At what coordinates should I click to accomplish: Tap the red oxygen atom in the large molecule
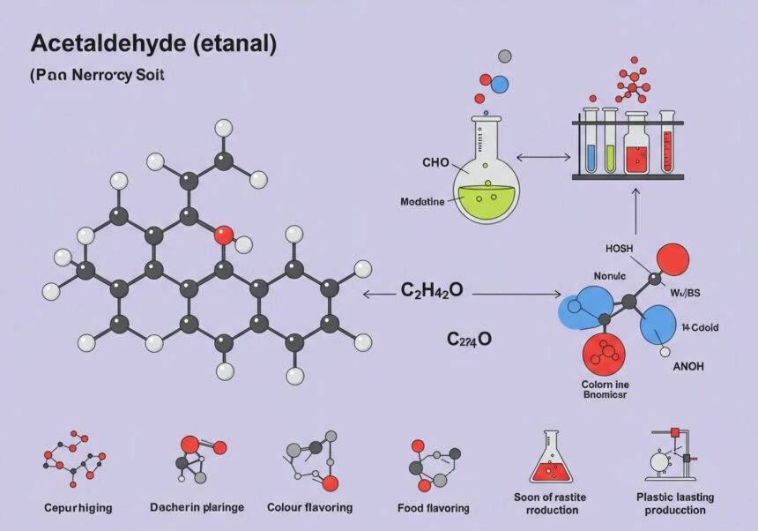(224, 236)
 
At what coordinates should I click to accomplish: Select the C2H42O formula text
(432, 291)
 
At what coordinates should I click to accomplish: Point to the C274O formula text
(471, 339)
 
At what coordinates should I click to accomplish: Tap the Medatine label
(423, 202)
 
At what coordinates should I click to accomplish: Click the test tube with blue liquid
(591, 141)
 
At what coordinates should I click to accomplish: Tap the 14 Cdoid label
(699, 327)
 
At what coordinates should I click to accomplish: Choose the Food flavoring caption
(432, 508)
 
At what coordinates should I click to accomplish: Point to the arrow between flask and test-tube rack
(544, 157)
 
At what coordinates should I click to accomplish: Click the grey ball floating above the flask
(504, 56)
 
